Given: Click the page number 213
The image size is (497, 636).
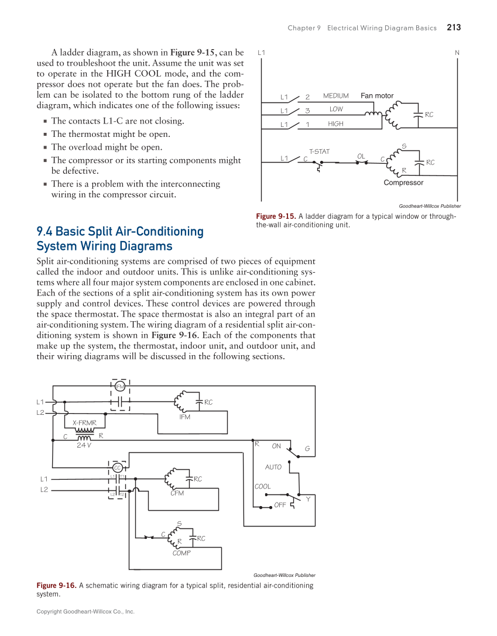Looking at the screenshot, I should pos(454,27).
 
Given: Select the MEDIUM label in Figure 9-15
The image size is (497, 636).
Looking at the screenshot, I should pos(335,96).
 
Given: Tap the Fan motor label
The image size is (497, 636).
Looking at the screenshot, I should pos(377,95).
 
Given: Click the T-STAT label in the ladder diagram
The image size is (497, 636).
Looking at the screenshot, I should pos(319,152).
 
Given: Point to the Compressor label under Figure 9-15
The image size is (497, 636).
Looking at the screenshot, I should pos(403,183).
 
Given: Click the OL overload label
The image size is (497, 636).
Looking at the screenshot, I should pos(361,156).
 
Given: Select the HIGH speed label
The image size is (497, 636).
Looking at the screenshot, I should pos(335,124).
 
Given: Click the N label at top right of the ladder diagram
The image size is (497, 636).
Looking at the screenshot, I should pos(457,53).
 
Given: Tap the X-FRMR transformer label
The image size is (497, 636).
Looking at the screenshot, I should pos(84,422).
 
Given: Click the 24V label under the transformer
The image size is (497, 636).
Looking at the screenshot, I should pos(84,445).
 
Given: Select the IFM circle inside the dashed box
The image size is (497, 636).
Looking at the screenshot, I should pos(119,386).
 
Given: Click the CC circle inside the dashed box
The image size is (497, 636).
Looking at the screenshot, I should pos(117,467).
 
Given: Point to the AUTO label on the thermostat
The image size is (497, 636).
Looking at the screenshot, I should pos(273,467).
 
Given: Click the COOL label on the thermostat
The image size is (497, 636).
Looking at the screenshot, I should pos(263,486).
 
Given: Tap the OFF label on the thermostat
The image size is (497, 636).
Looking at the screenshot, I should pos(280,504).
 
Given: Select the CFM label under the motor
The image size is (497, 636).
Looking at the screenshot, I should pos(177,493).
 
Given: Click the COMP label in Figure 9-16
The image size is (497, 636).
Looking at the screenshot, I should pos(181,553).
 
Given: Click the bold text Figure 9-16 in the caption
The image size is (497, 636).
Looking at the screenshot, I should pos(56,585).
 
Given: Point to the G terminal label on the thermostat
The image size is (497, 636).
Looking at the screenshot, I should pos(307,449).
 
